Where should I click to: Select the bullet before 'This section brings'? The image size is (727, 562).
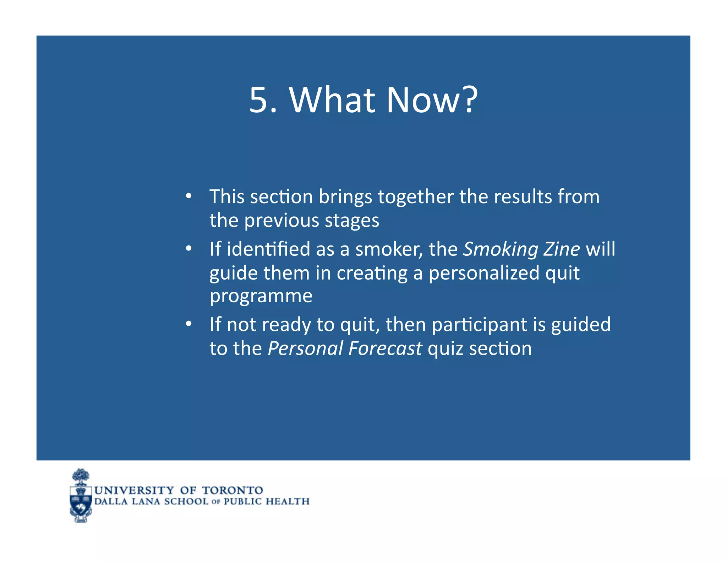[x=188, y=196]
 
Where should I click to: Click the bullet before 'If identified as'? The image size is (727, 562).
[x=188, y=248]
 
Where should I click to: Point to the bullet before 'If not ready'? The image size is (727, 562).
[x=188, y=324]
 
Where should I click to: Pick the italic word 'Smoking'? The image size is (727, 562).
[x=501, y=250]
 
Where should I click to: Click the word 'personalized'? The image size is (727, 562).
[x=484, y=273]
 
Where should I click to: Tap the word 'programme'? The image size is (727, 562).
[x=261, y=297]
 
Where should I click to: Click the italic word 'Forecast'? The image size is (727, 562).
[x=385, y=348]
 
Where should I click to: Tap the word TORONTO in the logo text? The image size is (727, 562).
[x=232, y=490]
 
